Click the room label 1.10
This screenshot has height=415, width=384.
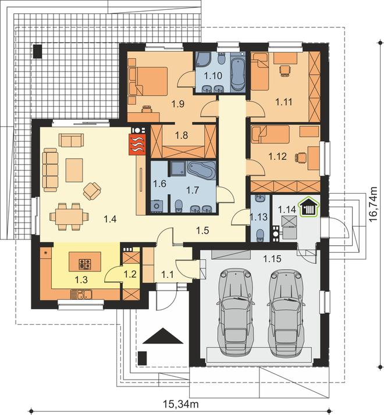213,76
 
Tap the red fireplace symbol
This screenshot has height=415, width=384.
137,144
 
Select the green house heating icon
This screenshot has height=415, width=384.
310,208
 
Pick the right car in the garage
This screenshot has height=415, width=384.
286,312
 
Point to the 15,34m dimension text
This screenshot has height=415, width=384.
181,404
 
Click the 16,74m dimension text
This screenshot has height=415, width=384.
374,205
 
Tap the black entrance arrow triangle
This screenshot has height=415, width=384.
163,335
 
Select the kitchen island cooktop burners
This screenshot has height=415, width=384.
85,264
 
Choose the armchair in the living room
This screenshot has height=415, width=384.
92,191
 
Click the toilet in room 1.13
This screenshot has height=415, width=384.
260,234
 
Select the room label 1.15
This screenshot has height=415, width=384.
272,259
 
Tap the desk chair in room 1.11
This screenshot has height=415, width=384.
285,70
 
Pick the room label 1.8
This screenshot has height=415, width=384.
182,135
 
